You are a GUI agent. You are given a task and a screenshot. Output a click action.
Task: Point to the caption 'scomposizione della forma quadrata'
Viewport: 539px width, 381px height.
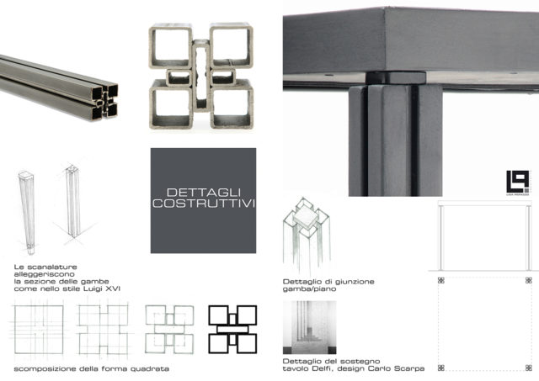point(92,368)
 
